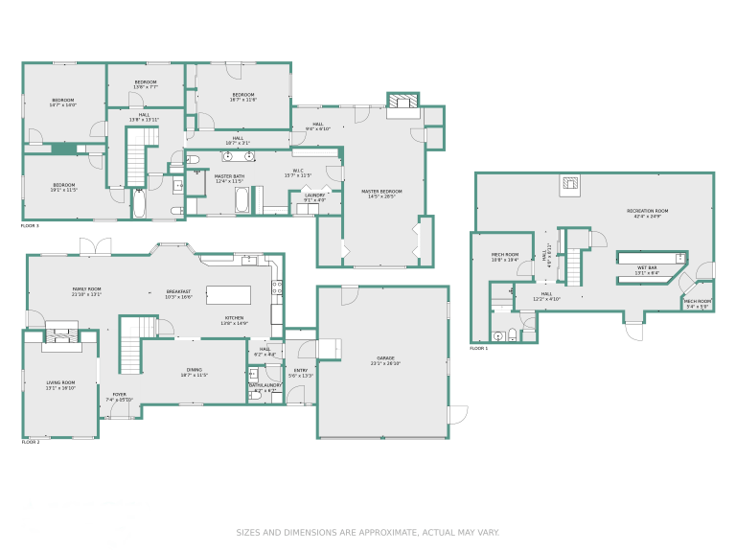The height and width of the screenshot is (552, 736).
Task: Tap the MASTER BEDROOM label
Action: click(x=381, y=192)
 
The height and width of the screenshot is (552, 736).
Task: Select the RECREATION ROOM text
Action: click(x=648, y=211)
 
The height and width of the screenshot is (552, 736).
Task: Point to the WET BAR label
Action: click(x=647, y=267)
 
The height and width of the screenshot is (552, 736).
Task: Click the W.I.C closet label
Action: click(x=298, y=171)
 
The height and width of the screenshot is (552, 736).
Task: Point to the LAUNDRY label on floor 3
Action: click(x=315, y=195)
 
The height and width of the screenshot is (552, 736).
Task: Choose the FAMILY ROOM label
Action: click(x=86, y=288)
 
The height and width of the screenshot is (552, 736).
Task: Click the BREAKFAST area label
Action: click(x=178, y=291)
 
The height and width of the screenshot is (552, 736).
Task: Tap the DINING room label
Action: click(x=194, y=370)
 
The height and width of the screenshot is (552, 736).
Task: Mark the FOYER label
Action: click(x=119, y=394)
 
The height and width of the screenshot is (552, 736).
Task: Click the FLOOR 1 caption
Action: click(x=479, y=349)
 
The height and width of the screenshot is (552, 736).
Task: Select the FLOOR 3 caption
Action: click(x=30, y=225)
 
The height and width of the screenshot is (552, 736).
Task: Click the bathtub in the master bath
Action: click(x=241, y=201)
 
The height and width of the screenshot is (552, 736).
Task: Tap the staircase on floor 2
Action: click(x=129, y=344)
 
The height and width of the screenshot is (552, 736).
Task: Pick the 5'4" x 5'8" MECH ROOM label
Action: click(x=697, y=302)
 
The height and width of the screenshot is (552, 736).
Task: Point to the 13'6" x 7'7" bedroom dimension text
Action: click(x=145, y=87)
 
